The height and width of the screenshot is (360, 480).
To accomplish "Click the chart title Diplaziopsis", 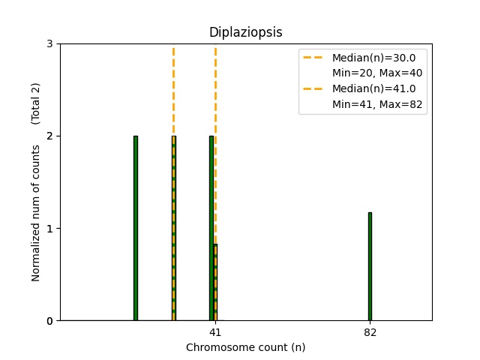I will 245,32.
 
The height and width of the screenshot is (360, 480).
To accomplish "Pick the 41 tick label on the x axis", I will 215,332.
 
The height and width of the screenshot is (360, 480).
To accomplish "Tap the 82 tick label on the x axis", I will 370,332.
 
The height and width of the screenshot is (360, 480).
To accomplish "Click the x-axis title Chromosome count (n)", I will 245,347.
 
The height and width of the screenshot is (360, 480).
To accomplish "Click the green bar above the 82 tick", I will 370,266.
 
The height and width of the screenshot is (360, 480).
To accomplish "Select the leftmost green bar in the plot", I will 136,228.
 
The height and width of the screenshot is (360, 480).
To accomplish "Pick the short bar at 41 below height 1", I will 215,282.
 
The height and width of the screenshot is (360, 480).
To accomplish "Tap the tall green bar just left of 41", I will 211,228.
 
